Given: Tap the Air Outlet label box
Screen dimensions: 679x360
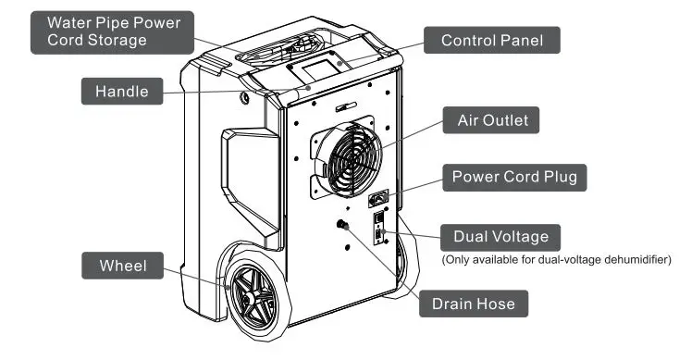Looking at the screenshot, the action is click(x=498, y=121).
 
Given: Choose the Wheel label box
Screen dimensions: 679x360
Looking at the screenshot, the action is click(x=123, y=267).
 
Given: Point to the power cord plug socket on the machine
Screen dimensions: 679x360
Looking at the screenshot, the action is click(x=380, y=197).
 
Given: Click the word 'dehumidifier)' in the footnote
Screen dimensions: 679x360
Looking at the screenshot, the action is click(x=639, y=260).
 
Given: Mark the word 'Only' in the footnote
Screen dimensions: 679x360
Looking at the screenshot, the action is click(x=460, y=260).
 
